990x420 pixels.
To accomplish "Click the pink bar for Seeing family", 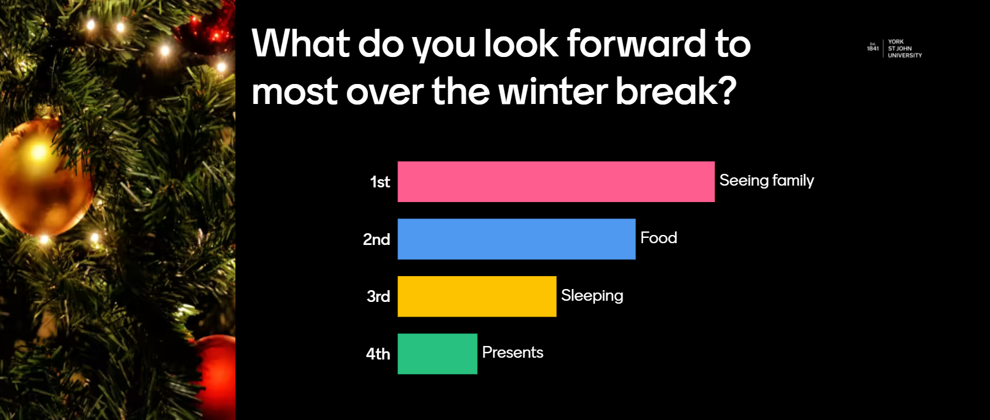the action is click(x=556, y=182).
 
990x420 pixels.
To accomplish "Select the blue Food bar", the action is click(x=516, y=239).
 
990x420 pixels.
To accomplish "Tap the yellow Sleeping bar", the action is click(x=477, y=297).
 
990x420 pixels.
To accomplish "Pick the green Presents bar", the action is click(x=438, y=354).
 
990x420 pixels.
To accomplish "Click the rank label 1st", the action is click(x=380, y=182).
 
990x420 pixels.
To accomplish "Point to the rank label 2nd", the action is click(x=377, y=240).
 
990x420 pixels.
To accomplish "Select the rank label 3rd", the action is click(x=379, y=297).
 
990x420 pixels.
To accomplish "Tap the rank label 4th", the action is click(x=378, y=354).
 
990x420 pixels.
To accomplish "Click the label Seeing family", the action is click(x=767, y=180).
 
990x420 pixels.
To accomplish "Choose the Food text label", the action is click(x=658, y=238).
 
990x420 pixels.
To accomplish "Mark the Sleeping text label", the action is click(x=592, y=295).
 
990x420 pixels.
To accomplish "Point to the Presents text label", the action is click(x=513, y=352).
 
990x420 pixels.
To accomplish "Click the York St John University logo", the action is click(x=894, y=48).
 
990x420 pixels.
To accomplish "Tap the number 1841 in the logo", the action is click(x=873, y=49).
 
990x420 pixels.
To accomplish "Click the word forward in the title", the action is click(x=637, y=44).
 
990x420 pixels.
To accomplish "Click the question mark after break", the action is click(x=727, y=90).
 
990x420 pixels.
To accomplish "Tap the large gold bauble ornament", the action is click(x=44, y=176).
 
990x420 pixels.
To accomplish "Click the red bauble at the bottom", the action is click(x=216, y=376).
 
